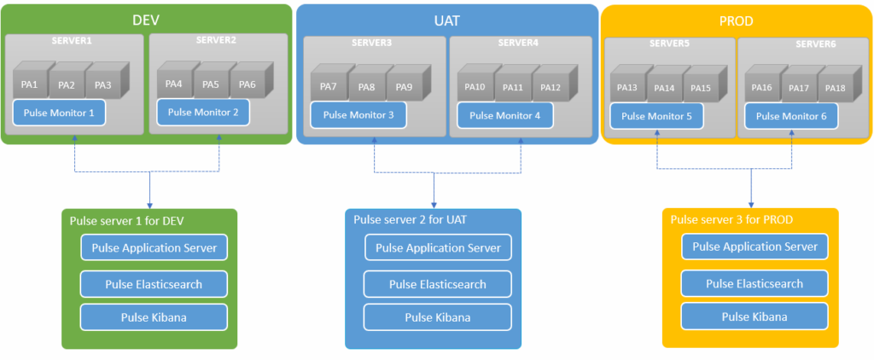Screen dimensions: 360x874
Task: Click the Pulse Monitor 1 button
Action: pos(59,112)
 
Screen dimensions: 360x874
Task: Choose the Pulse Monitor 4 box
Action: pos(504,115)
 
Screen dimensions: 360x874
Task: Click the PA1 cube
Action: pos(29,84)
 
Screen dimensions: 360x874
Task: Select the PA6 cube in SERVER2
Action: pos(248,84)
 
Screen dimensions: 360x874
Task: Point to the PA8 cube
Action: pos(367,86)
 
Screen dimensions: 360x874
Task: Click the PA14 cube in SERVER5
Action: pos(664,88)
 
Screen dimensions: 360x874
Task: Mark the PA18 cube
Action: pos(835,88)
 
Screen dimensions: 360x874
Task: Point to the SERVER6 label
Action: pos(815,44)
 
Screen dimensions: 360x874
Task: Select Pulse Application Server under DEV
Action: pos(154,248)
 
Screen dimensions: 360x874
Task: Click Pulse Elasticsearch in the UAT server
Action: pos(437,284)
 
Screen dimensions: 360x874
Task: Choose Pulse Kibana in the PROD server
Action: pos(754,316)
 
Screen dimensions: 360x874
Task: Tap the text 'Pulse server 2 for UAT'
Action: pos(410,220)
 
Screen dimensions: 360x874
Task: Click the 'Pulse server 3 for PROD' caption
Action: pos(731,219)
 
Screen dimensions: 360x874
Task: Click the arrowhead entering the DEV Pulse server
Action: pos(150,204)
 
